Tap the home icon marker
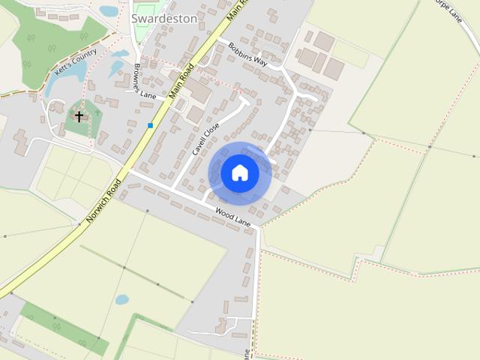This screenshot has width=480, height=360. (x=239, y=173)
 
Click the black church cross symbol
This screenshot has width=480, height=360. (x=79, y=116)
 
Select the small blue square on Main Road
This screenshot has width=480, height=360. (x=151, y=125)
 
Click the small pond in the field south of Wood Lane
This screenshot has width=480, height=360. (x=121, y=299)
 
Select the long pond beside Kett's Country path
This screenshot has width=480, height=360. (x=55, y=83)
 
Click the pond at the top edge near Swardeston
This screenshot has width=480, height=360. (x=109, y=10)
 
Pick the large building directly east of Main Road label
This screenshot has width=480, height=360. (x=199, y=91)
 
